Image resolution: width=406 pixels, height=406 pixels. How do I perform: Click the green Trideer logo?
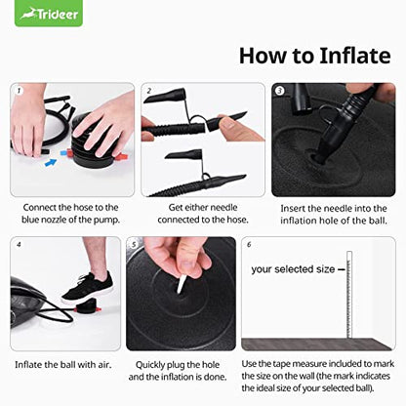coord(49,14)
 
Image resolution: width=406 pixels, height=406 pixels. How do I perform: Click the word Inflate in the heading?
coord(355,56)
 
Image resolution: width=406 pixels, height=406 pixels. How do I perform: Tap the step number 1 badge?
coord(19,91)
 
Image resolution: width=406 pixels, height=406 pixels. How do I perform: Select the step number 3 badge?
coord(280,91)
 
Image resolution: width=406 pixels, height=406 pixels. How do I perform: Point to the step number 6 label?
coord(249,244)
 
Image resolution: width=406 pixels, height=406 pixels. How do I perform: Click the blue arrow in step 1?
coord(51,162)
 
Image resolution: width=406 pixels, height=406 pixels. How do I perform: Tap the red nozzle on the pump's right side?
coord(122,157)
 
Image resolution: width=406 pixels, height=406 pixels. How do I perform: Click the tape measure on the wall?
coord(349,295)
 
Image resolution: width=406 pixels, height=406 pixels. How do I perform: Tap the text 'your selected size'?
coord(293,269)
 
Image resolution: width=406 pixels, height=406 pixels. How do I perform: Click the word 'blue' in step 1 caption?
coord(30,220)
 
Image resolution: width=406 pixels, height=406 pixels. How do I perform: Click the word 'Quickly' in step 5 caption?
coord(150,365)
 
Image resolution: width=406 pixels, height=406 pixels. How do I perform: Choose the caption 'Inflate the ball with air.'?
coord(63,365)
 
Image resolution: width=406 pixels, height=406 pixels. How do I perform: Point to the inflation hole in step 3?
coord(317,158)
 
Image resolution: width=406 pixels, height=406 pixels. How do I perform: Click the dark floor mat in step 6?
coord(316,345)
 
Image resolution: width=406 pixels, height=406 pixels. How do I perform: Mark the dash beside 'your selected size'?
coord(342,269)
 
